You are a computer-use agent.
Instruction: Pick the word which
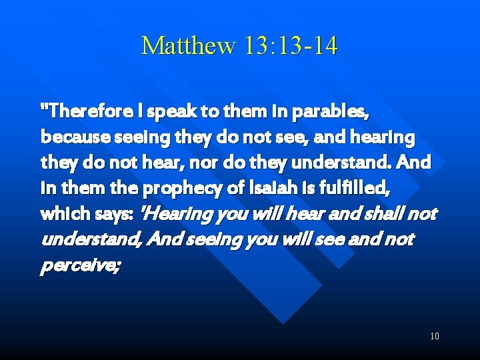[x=62, y=213]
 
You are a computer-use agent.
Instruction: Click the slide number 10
[x=434, y=336]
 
